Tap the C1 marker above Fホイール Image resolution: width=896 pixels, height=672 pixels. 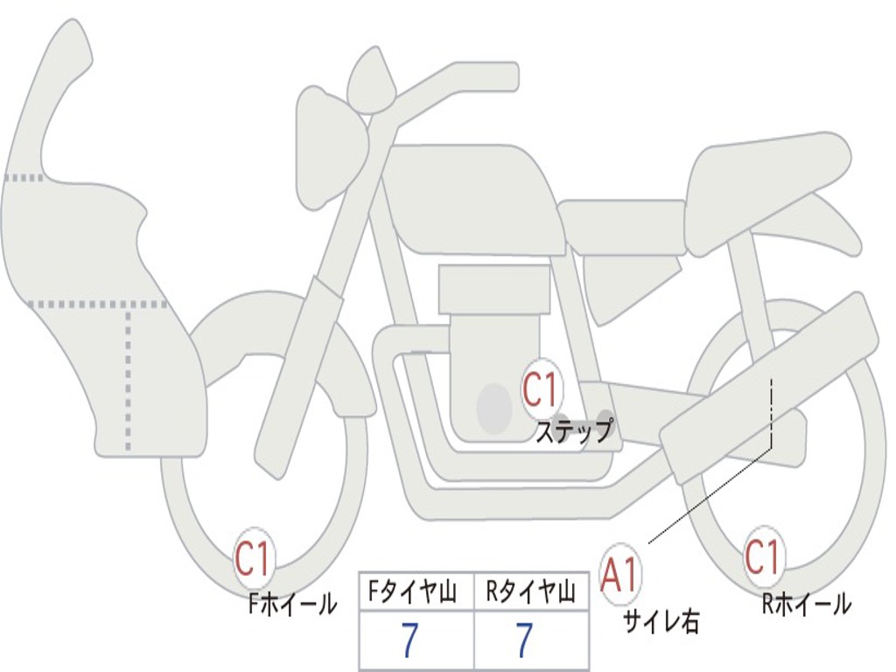(x=254, y=559)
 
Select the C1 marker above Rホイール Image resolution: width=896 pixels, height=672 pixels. (x=762, y=556)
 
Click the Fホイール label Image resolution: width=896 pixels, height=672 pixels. (x=292, y=604)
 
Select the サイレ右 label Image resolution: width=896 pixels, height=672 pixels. (x=661, y=621)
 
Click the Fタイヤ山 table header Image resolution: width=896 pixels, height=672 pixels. (x=415, y=593)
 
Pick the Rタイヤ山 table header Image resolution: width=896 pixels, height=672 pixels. (x=530, y=593)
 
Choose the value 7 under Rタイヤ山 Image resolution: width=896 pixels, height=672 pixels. (x=525, y=642)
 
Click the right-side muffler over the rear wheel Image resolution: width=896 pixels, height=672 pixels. (x=770, y=385)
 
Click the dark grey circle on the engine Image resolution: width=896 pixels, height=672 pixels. (x=494, y=408)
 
